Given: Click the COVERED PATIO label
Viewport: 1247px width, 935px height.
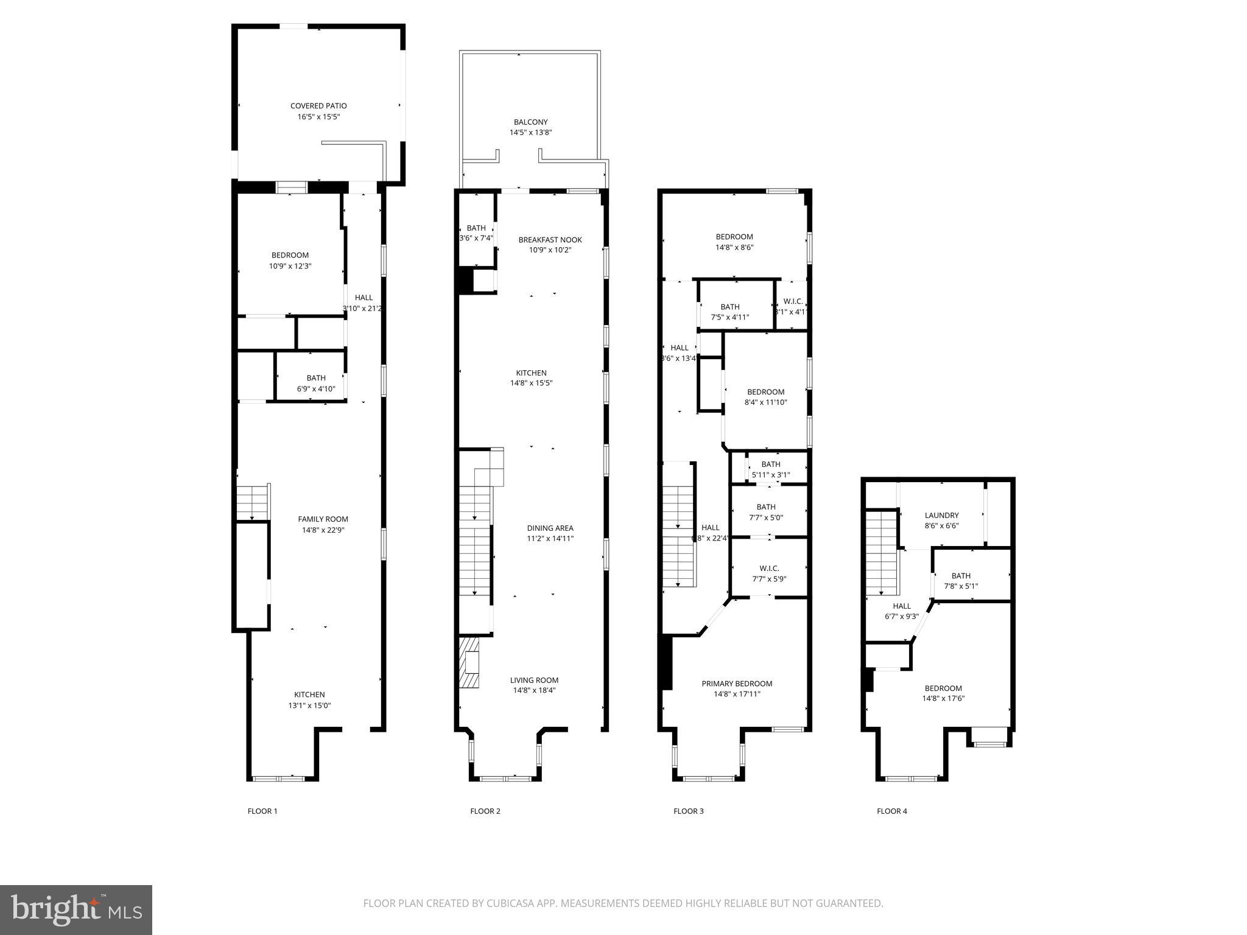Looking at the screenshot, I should [318, 106].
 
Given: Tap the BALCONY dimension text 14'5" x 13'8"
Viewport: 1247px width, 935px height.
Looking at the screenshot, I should [530, 132].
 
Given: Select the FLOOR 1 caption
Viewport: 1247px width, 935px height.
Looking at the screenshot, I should [262, 811].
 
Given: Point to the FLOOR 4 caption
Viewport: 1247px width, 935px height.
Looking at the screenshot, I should [891, 811].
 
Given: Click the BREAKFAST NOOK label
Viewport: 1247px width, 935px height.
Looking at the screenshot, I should [550, 240].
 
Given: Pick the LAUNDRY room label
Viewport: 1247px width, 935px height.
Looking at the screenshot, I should [941, 515].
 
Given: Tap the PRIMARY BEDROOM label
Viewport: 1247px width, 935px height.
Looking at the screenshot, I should [737, 684].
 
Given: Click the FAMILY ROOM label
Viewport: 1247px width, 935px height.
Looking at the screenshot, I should [323, 519].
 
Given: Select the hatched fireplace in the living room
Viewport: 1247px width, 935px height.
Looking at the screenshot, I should [469, 662].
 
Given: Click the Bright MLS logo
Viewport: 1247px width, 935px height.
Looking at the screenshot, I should [76, 909].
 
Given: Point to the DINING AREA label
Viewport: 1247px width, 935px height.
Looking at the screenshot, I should [550, 528].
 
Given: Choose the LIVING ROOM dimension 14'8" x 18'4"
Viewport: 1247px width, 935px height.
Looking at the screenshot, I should [534, 690].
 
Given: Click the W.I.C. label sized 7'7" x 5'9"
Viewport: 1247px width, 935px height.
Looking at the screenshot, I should [769, 569].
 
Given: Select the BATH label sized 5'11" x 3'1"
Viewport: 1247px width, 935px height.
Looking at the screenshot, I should [770, 464].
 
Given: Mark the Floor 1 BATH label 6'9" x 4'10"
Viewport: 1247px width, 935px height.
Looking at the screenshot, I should [316, 378].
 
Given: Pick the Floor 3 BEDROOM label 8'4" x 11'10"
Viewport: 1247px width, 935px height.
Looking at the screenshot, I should [765, 392].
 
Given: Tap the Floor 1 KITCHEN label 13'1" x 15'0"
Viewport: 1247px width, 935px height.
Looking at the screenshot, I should [309, 695].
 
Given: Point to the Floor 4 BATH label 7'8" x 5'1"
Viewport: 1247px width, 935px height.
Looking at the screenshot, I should [961, 576].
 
